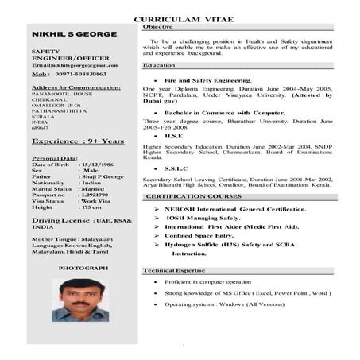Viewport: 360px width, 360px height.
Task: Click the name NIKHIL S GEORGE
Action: pos(75,35)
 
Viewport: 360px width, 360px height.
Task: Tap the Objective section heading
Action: pos(157,27)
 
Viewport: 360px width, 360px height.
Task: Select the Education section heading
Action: pos(160,65)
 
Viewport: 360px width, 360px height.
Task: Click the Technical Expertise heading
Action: pos(174,271)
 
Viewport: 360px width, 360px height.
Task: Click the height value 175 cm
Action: pos(91,207)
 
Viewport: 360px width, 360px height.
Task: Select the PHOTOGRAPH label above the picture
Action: pos(83,268)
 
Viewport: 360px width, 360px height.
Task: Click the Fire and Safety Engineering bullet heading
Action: pos(207,81)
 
